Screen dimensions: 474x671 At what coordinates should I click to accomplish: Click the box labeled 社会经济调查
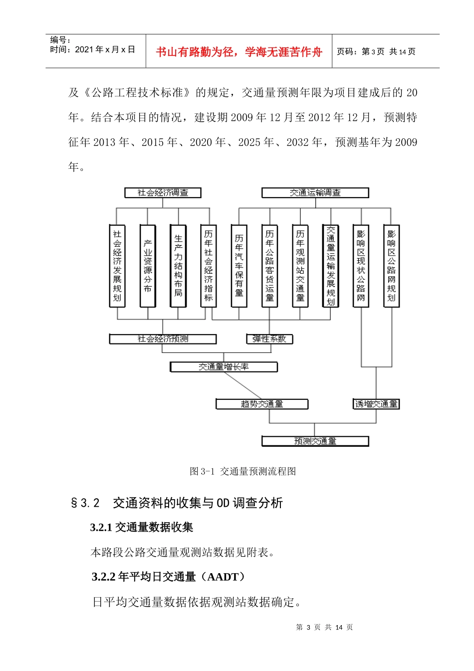163,193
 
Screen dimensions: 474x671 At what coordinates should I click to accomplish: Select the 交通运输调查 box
315,193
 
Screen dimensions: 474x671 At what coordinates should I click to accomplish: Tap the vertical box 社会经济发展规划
117,266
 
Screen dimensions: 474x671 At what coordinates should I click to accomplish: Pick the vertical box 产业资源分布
148,266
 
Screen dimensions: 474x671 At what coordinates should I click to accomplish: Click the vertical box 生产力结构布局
178,266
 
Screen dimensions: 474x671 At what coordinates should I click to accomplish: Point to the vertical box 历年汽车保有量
239,266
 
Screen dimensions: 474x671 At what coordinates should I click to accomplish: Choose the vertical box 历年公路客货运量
269,266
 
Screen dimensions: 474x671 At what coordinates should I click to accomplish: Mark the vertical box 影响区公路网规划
391,266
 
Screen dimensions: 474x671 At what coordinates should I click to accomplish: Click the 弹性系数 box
269,339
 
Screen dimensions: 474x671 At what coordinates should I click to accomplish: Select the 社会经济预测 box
163,339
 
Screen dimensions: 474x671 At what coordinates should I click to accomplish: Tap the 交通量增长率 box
224,367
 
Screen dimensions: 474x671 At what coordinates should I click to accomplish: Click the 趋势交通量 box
262,404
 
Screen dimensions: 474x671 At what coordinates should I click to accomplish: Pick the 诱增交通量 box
376,404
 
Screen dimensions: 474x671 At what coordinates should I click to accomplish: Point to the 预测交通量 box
315,441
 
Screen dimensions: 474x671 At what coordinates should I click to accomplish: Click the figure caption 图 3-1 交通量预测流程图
243,471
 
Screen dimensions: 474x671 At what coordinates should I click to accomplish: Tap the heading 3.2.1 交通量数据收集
141,527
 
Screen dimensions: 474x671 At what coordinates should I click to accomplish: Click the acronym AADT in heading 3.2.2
223,577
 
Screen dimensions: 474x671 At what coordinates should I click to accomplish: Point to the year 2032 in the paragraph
298,142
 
